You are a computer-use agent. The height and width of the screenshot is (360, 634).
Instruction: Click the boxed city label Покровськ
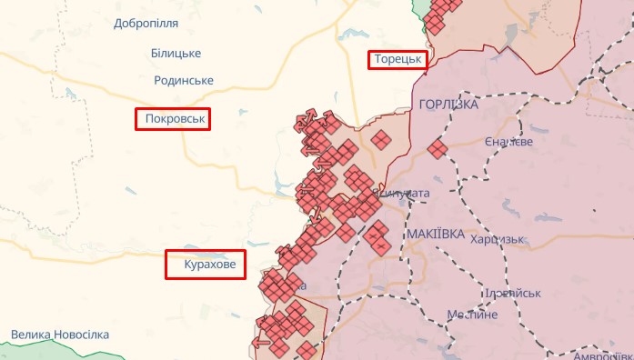point(173,119)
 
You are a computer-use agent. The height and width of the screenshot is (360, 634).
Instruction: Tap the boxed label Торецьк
point(398,60)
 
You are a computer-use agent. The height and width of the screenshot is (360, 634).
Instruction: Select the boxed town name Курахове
point(206,265)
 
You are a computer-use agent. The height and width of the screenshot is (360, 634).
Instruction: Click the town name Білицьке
point(176,53)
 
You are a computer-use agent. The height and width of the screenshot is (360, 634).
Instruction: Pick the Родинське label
point(184,80)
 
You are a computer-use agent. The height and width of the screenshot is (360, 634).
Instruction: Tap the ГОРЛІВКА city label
point(448,105)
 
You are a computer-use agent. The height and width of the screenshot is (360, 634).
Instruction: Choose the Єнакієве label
point(508,142)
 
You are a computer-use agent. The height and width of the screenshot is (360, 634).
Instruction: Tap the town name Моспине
point(472,314)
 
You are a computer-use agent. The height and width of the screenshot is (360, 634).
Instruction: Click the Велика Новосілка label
point(60,335)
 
